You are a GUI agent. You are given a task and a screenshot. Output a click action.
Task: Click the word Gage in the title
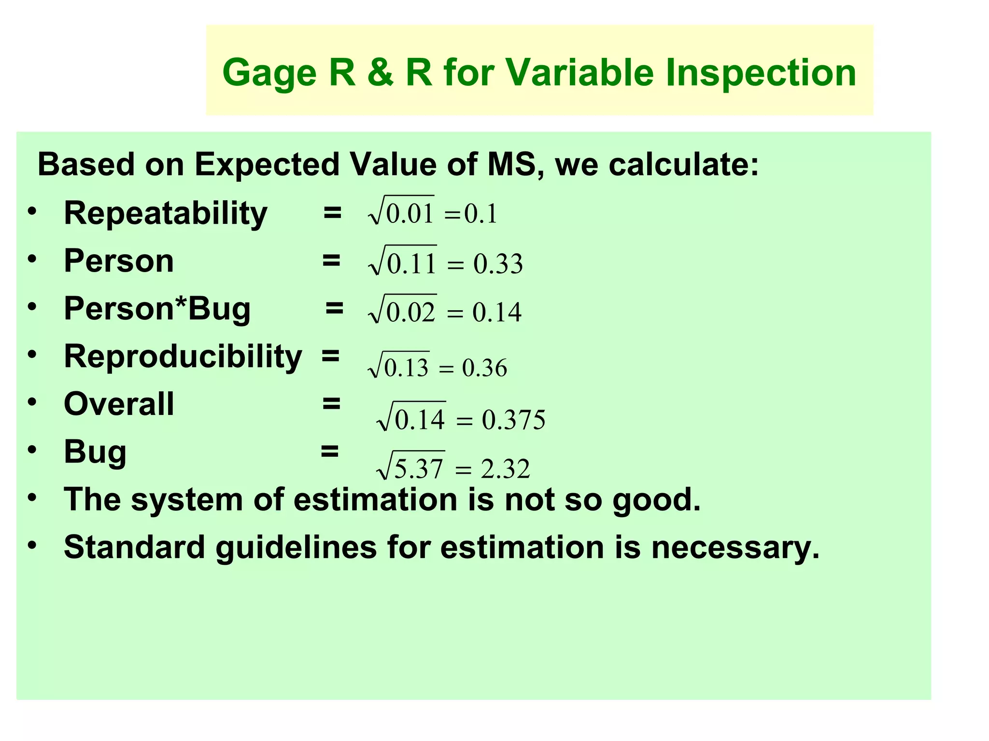(269, 73)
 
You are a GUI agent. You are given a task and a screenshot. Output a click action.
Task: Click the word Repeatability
(165, 214)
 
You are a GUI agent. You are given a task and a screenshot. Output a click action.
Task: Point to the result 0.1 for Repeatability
(480, 214)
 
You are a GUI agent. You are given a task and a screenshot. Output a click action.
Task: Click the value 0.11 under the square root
(411, 264)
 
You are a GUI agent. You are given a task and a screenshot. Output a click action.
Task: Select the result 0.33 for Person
(498, 264)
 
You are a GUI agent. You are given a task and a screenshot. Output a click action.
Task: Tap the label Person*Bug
(157, 309)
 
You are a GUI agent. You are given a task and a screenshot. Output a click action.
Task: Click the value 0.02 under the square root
(411, 312)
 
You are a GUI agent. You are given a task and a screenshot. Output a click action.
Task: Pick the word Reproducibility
(183, 357)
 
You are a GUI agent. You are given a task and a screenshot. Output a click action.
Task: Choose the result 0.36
(484, 368)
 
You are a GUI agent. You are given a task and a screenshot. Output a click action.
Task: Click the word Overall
(119, 404)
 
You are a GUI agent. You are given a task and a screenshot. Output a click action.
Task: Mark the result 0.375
(513, 420)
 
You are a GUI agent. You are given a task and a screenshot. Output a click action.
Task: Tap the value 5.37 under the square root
(418, 468)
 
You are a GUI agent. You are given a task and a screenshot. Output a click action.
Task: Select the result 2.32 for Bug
(505, 468)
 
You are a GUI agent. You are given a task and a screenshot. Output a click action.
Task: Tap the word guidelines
(296, 548)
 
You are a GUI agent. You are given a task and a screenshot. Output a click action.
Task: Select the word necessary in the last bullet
(735, 549)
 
